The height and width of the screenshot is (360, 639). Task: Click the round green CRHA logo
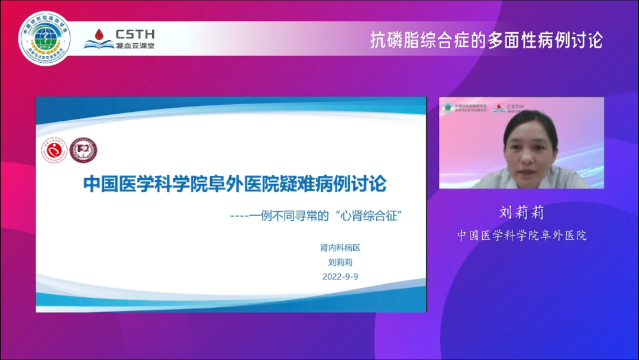pos(44,38)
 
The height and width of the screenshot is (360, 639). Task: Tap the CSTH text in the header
pos(135,34)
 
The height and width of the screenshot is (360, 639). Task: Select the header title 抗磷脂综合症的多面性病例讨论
pos(486,40)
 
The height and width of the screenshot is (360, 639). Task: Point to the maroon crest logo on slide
pos(83,151)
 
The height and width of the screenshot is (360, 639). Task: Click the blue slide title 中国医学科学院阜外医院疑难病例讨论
pos(234,184)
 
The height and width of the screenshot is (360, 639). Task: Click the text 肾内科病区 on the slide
pos(340,249)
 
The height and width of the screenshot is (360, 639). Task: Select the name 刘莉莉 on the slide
pos(340,263)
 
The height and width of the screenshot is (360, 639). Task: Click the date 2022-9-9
pos(340,277)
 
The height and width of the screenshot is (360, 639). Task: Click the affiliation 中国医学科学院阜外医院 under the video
pos(521,235)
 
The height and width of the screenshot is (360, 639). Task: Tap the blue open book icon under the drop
pos(99,44)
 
